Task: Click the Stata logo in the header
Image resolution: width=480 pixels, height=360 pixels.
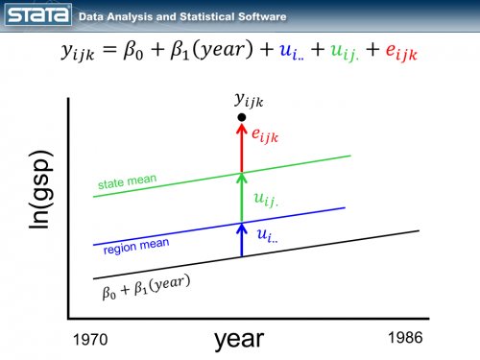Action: (x=37, y=15)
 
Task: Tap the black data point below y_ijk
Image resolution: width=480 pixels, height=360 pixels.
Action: (x=242, y=117)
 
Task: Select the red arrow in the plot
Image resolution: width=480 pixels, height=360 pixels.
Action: (x=242, y=146)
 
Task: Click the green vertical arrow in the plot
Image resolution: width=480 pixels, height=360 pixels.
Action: (x=242, y=196)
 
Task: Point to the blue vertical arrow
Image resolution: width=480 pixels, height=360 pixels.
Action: (x=242, y=239)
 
